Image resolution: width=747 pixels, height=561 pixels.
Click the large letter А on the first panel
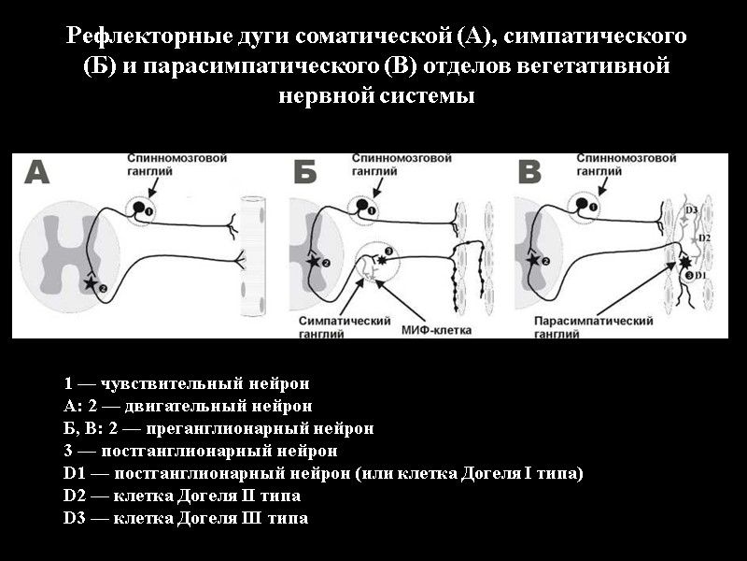36,174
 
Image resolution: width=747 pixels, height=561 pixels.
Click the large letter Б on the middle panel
306,174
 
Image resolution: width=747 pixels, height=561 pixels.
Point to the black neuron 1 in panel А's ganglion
139,207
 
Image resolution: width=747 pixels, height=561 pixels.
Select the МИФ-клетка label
437,330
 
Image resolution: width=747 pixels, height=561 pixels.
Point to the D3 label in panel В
691,209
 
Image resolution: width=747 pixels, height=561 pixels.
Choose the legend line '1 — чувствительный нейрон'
187,383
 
